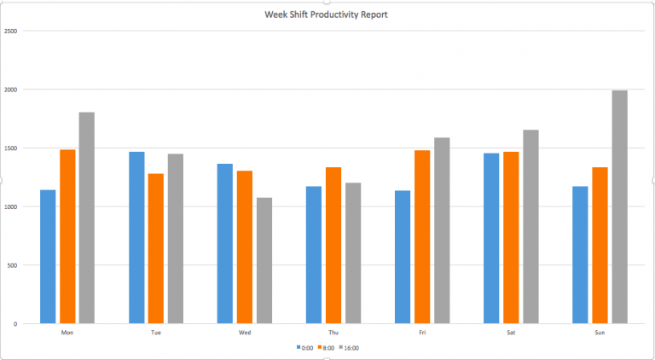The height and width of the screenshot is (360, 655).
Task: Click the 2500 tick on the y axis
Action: click(x=11, y=31)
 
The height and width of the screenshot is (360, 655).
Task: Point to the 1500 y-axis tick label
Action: click(x=11, y=148)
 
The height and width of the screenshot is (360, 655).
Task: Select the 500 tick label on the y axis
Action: click(x=13, y=264)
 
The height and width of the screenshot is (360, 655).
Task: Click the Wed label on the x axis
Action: click(x=245, y=332)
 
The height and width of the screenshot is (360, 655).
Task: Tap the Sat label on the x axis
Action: click(x=511, y=332)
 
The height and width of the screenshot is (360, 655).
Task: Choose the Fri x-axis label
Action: click(x=422, y=332)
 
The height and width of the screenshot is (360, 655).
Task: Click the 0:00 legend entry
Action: click(x=305, y=347)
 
